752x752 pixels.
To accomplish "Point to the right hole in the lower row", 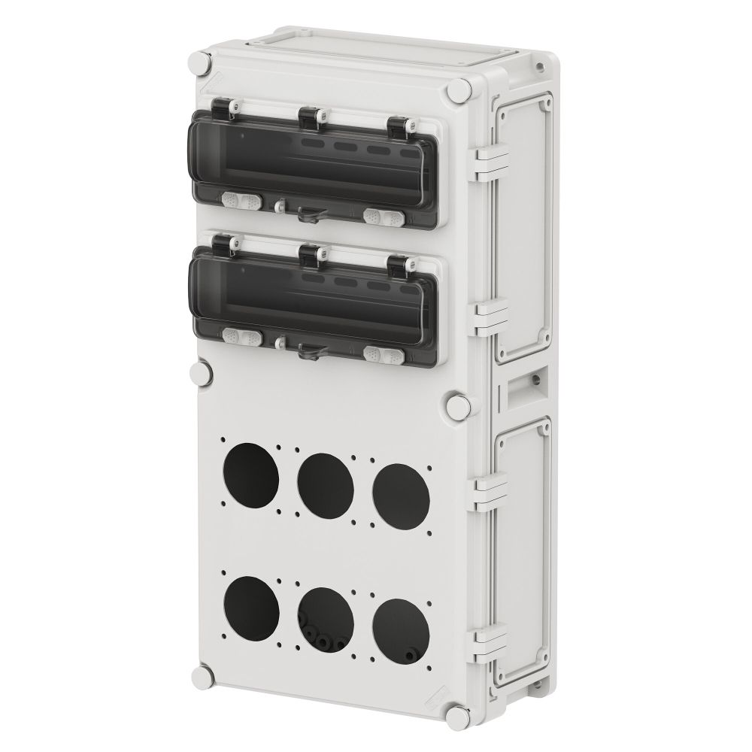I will coord(401,622).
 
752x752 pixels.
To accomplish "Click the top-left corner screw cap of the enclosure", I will coord(201,64).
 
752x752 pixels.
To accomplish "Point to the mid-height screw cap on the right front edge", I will coord(456,405).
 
